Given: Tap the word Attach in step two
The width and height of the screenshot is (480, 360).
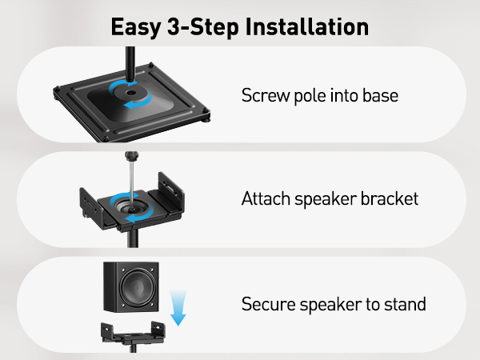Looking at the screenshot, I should (x=264, y=199).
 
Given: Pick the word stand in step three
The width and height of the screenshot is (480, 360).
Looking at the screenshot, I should (x=405, y=305).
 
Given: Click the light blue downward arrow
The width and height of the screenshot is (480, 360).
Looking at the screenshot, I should (x=178, y=309).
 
